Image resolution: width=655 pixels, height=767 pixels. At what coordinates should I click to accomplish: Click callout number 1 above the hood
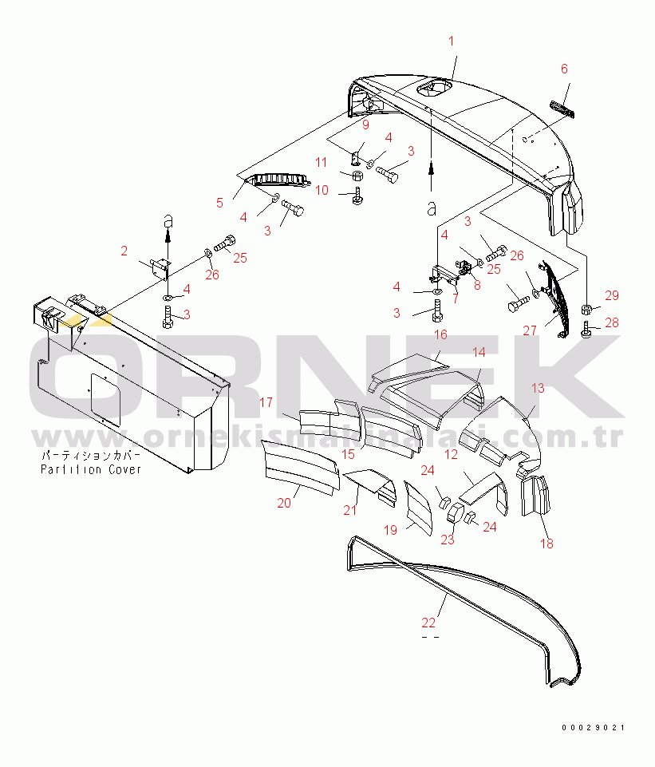point(451,41)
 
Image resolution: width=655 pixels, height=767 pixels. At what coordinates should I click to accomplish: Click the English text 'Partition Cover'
point(91,469)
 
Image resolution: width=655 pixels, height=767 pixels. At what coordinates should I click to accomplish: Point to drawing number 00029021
point(593,728)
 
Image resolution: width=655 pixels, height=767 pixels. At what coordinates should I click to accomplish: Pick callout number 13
point(538,389)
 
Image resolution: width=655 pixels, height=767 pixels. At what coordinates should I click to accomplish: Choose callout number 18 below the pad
point(546,544)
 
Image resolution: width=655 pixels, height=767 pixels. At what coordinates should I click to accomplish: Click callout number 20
point(283,504)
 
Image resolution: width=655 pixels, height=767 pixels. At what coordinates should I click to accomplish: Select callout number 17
point(266,404)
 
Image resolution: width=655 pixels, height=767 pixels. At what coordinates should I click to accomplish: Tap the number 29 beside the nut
point(611,296)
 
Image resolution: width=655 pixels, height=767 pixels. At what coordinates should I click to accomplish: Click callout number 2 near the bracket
point(124,251)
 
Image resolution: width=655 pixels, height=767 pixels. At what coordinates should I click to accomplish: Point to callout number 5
point(219,203)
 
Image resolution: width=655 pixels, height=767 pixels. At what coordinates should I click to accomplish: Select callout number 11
point(321,162)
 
